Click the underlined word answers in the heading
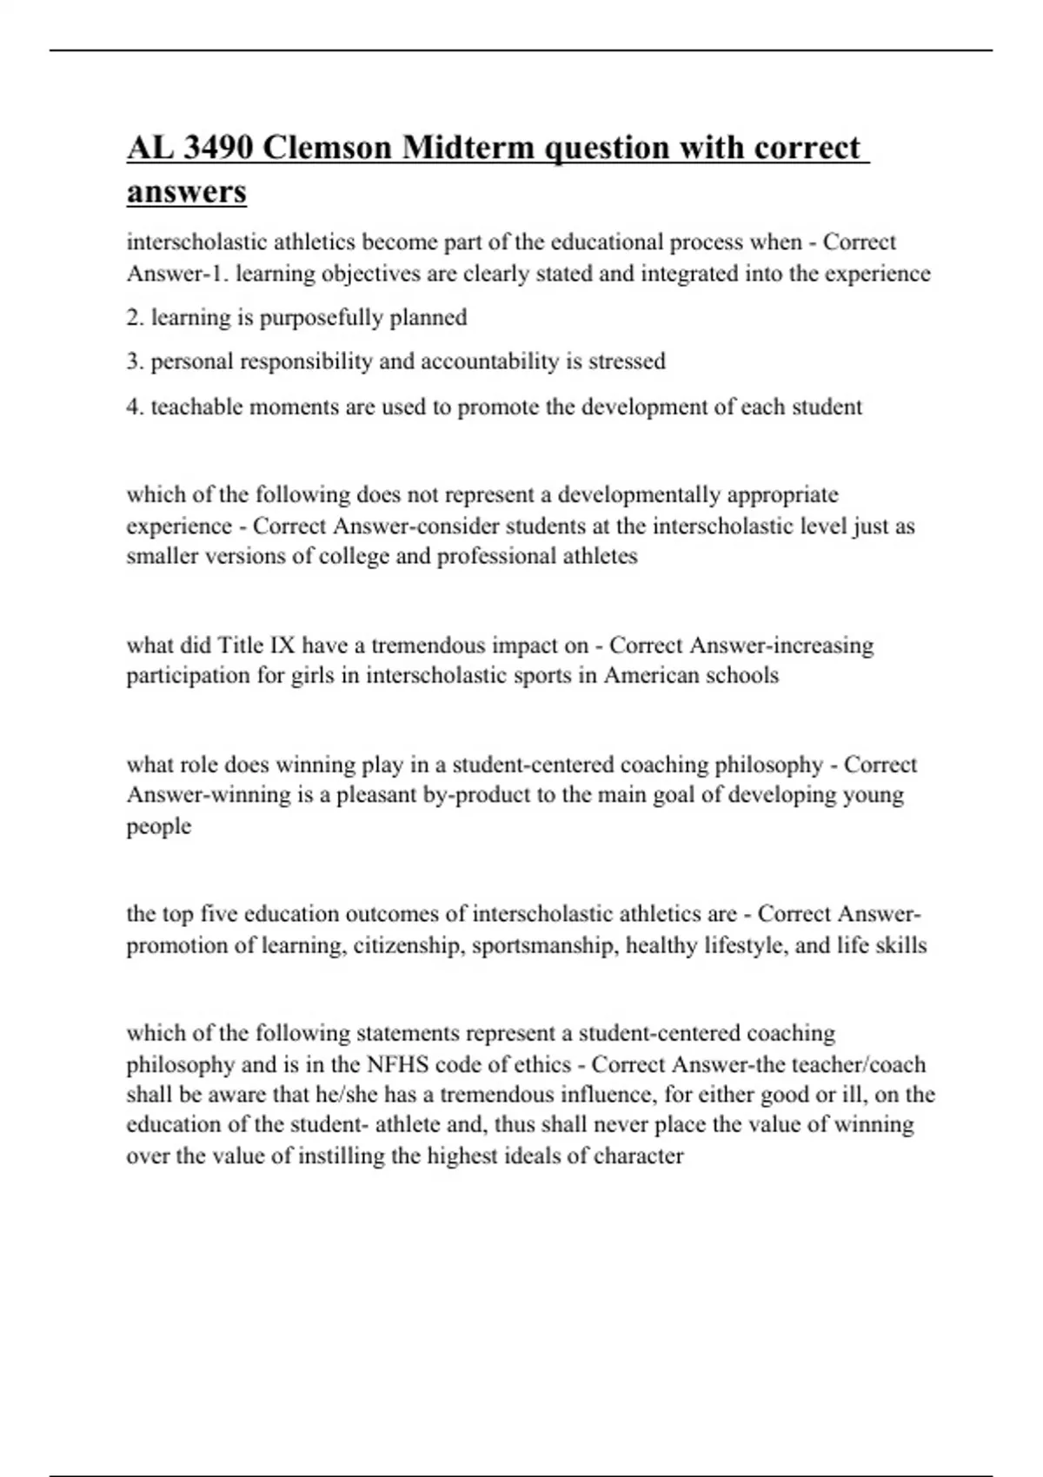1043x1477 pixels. tap(186, 191)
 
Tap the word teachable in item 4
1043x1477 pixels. tap(196, 407)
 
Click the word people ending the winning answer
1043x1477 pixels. tap(158, 826)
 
